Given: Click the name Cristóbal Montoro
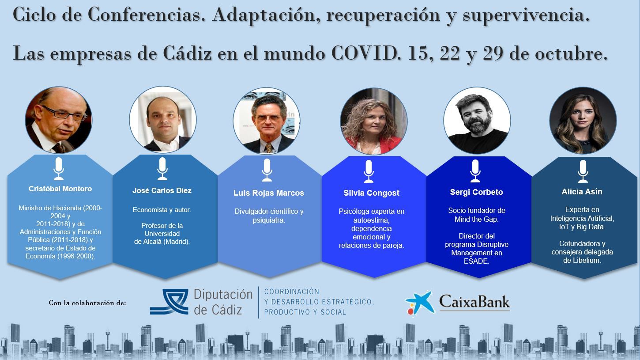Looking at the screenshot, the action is pyautogui.click(x=60, y=189).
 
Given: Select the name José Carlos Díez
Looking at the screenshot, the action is pyautogui.click(x=162, y=190).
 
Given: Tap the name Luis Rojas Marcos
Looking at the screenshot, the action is pyautogui.click(x=268, y=193).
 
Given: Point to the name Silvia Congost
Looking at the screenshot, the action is pyautogui.click(x=372, y=193).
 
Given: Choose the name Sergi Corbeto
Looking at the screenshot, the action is pyautogui.click(x=476, y=192).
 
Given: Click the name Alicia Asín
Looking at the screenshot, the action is pyautogui.click(x=582, y=192).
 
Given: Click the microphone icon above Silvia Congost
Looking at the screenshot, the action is pyautogui.click(x=369, y=171).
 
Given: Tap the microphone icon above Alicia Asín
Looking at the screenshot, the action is pyautogui.click(x=583, y=171).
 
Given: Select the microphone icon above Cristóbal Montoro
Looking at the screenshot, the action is pyautogui.click(x=59, y=169).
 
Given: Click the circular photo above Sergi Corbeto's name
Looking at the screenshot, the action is pyautogui.click(x=477, y=121).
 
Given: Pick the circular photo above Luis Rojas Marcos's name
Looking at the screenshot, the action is pyautogui.click(x=267, y=121).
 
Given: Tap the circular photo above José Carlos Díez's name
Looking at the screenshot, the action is pyautogui.click(x=163, y=120).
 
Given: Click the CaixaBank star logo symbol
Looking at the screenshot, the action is pyautogui.click(x=420, y=303).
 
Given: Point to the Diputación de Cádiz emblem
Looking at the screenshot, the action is pyautogui.click(x=169, y=302).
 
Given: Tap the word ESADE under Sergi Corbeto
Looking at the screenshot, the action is pyautogui.click(x=476, y=261).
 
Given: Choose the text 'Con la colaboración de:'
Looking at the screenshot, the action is pyautogui.click(x=87, y=303).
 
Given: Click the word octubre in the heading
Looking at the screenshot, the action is pyautogui.click(x=571, y=53).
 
